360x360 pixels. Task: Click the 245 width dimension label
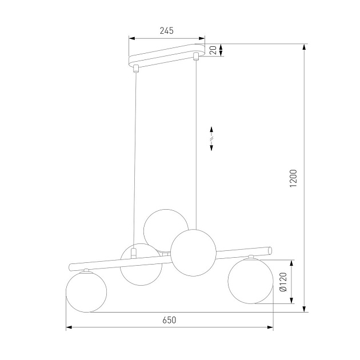click(166, 31)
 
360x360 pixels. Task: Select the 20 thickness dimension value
click(213, 51)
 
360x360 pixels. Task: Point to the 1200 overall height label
click(294, 178)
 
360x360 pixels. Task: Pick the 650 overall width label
click(169, 320)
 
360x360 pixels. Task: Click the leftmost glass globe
click(86, 291)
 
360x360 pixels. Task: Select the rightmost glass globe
click(250, 280)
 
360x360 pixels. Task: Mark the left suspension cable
click(135, 160)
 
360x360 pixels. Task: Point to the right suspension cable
click(196, 143)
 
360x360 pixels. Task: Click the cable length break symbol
click(211, 138)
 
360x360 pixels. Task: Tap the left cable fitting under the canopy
click(135, 70)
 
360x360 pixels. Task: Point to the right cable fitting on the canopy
click(196, 56)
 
